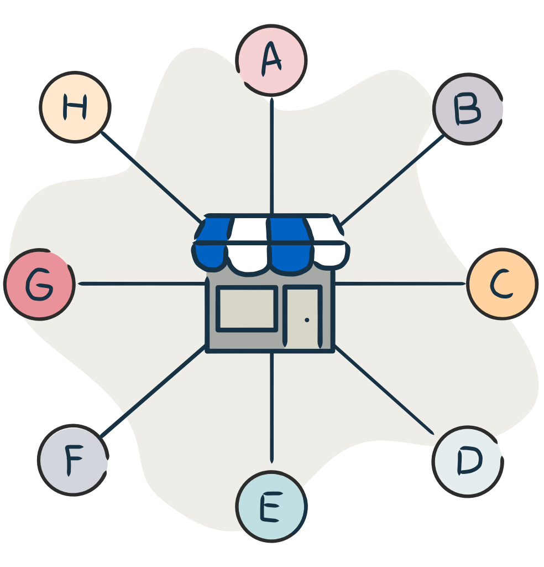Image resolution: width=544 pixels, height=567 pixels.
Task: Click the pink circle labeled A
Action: [271, 60]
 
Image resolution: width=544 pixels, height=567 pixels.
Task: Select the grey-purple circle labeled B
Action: [468, 109]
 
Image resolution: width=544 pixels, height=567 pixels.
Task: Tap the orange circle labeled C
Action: [503, 284]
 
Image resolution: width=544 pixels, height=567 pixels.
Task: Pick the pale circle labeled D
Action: [468, 462]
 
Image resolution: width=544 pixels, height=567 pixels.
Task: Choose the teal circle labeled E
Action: [271, 506]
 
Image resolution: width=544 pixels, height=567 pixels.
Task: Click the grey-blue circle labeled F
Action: [74, 460]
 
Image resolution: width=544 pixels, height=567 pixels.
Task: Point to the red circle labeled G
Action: [39, 284]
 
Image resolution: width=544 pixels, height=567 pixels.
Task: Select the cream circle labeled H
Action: [75, 107]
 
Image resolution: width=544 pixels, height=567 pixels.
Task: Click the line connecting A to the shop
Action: [272, 156]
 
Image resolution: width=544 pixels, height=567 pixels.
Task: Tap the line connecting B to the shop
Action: [393, 180]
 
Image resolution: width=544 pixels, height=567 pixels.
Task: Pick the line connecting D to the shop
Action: [384, 389]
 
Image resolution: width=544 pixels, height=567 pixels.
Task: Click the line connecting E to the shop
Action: [272, 407]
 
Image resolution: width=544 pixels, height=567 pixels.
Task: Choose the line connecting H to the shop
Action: [152, 177]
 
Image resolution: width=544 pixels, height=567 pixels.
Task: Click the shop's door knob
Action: [307, 320]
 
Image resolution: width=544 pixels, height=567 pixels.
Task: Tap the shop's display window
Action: [247, 308]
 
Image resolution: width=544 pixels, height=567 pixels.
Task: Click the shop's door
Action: [302, 316]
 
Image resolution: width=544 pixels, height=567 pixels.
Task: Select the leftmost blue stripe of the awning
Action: [212, 243]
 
